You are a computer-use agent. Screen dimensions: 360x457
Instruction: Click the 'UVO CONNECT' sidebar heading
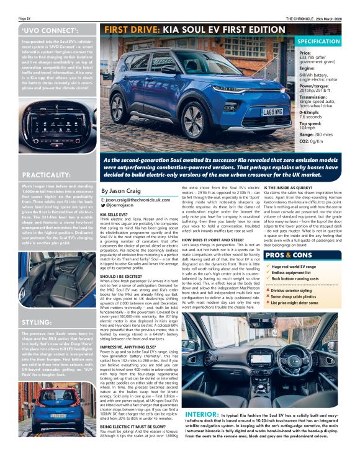tap(44, 30)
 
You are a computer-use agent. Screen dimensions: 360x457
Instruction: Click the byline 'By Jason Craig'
tap(121, 192)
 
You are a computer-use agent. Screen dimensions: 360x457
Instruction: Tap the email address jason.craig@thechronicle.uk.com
tap(137, 201)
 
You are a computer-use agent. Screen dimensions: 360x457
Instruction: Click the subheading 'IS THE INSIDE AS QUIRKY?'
tap(288, 187)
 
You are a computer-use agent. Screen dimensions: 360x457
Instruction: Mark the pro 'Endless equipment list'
tap(295, 272)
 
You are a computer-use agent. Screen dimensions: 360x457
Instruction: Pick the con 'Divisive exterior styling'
tap(299, 289)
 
